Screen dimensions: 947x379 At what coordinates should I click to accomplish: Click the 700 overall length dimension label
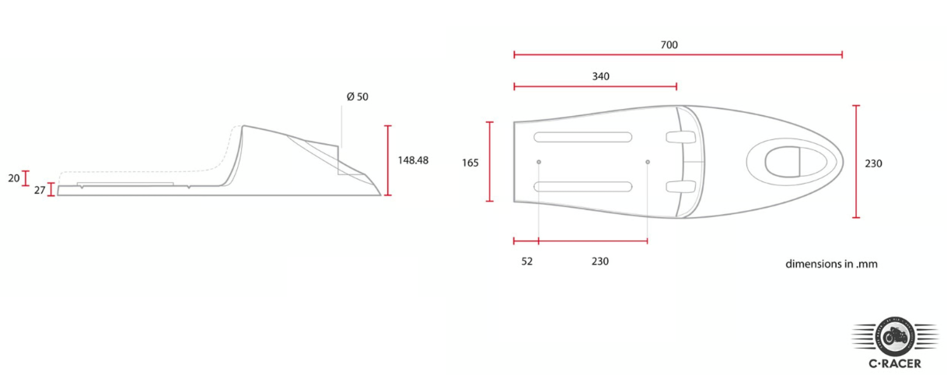tap(669, 45)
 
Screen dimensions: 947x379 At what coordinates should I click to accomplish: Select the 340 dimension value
tap(600, 76)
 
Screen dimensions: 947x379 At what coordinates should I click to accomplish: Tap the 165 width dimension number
tap(470, 163)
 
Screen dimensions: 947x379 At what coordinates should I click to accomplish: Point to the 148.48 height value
tap(413, 160)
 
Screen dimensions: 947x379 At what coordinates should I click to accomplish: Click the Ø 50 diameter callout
tap(357, 97)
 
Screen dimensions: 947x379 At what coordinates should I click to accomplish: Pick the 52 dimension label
tap(527, 261)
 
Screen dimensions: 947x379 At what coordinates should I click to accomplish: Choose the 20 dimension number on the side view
tap(14, 178)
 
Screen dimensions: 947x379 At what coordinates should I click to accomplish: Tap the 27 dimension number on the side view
tap(40, 191)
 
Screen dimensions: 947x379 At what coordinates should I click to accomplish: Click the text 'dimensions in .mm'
tap(831, 264)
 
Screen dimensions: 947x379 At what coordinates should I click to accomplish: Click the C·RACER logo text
tap(895, 363)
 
